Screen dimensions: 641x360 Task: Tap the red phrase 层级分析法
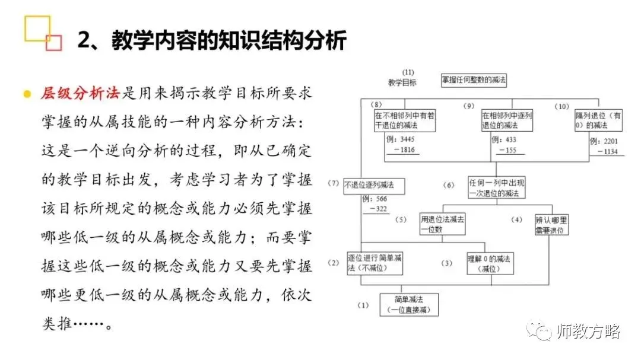click(x=80, y=93)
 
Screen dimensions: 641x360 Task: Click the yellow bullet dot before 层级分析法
click(x=27, y=94)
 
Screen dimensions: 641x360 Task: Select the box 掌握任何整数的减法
click(x=474, y=79)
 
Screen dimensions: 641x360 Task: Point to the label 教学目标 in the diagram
click(x=402, y=82)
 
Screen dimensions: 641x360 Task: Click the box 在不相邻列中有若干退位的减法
click(x=404, y=120)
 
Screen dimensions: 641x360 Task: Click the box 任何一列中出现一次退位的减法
click(x=496, y=187)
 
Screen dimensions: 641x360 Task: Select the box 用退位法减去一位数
click(x=442, y=223)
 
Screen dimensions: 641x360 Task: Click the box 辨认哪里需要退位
click(x=552, y=224)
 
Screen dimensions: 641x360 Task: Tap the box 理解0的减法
click(x=488, y=263)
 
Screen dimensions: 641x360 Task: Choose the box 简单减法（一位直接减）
click(x=409, y=304)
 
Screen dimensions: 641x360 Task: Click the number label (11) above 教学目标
click(x=407, y=72)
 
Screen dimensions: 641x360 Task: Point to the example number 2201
click(x=611, y=142)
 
